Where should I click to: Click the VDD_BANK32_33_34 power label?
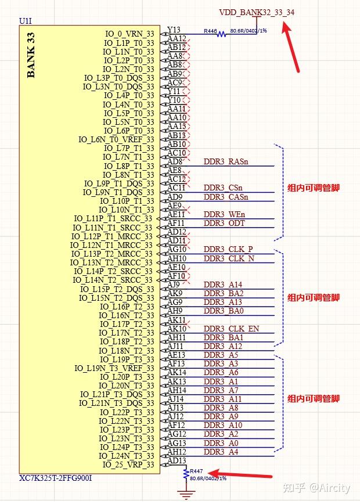coord(261,12)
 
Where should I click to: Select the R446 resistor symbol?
coord(221,34)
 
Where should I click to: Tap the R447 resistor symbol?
coord(186,474)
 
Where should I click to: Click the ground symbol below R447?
coord(186,495)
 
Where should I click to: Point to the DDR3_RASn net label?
coord(226,161)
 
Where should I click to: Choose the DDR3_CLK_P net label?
coord(228,249)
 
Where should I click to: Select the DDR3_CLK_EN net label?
coord(231,329)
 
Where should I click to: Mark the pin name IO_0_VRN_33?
coord(129,34)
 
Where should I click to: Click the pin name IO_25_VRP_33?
coord(128,465)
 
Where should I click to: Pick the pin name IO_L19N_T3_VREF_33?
coord(114,368)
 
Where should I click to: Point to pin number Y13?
coord(174,30)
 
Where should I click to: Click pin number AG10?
coord(177,249)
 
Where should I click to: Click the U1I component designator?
coord(26,21)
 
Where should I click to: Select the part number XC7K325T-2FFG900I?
coord(56,478)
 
